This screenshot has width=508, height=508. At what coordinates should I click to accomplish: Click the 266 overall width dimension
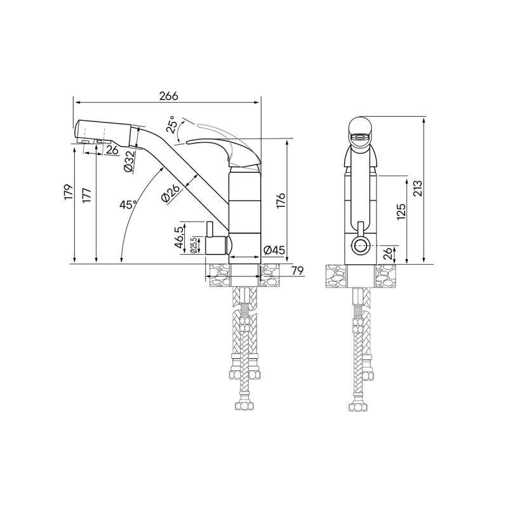coord(168,95)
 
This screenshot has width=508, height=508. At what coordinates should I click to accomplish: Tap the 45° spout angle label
coord(129,204)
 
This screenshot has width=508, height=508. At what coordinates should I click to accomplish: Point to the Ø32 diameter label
coord(129,161)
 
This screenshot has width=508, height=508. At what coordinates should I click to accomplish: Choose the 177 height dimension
coord(88,194)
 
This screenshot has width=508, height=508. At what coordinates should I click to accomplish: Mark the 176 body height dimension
coord(280,200)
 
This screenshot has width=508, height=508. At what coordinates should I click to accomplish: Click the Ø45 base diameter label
coord(272,250)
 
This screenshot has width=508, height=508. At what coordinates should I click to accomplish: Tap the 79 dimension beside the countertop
coord(296,272)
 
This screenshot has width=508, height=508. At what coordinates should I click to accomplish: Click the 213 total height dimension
coord(417,189)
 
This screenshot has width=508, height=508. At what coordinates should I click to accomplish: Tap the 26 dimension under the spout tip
coord(112,150)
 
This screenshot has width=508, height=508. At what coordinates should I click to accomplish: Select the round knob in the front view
coord(360,244)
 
